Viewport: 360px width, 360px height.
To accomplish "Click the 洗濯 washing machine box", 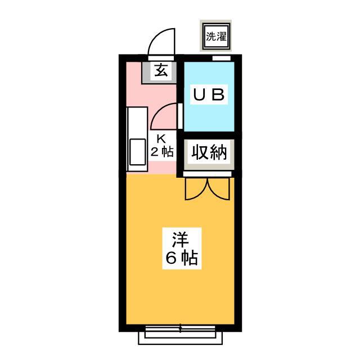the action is [x=215, y=36].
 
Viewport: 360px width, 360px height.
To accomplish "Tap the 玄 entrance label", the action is [x=161, y=70].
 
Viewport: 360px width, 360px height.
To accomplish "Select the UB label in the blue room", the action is [x=209, y=94].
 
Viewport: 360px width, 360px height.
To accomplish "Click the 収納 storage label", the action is [x=209, y=152].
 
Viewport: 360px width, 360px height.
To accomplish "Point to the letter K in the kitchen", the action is [x=161, y=138].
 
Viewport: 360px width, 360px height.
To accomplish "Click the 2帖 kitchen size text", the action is [x=162, y=151].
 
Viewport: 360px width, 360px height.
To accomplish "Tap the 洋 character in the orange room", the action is [x=181, y=240].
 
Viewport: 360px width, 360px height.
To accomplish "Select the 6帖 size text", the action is [x=182, y=258].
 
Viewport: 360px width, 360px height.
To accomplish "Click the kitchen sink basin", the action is [x=137, y=152].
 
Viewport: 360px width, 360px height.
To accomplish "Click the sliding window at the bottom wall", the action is [x=181, y=328].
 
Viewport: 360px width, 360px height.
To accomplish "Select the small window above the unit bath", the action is [x=221, y=58].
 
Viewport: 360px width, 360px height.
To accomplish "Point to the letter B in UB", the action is [x=218, y=94].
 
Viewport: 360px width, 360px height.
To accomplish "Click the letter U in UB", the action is [x=200, y=95].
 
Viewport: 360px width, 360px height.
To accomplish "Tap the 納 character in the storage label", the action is [x=218, y=152].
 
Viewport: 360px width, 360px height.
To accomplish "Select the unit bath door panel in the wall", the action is [x=180, y=116].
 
